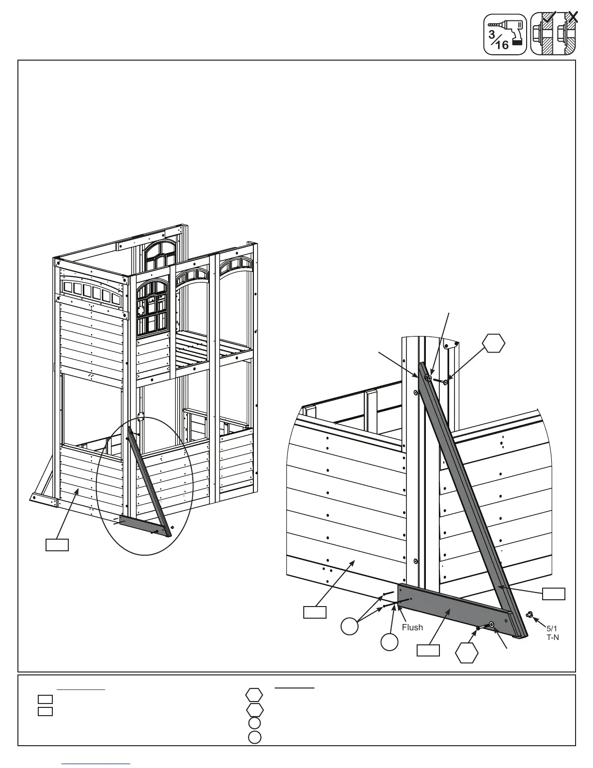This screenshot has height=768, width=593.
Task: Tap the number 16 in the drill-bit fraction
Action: [x=502, y=45]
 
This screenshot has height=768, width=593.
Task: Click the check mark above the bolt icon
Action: [x=548, y=18]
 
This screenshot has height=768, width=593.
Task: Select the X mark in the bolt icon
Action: [x=573, y=16]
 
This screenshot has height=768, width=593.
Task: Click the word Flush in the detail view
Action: [x=412, y=627]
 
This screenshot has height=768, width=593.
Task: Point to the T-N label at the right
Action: [x=553, y=638]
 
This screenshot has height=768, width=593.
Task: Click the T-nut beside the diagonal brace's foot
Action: [x=530, y=615]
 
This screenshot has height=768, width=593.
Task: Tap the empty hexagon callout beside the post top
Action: [x=494, y=344]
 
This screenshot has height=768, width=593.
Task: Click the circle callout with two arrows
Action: [x=349, y=626]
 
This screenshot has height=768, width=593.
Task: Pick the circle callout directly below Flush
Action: [x=390, y=642]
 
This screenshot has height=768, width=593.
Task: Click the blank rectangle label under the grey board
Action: [x=428, y=650]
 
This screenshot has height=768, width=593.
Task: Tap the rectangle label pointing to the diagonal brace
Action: [x=553, y=593]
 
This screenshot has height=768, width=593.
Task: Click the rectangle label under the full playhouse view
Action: [x=57, y=544]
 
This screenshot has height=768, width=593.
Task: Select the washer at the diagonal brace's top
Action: [x=430, y=378]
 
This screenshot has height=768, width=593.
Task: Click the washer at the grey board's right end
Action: [x=492, y=624]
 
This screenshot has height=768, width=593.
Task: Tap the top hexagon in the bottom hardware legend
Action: [x=254, y=695]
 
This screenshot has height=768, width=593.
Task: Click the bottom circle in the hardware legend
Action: [x=255, y=738]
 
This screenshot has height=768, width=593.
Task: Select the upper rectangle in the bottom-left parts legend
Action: [x=45, y=699]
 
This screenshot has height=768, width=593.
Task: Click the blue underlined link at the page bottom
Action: [x=96, y=764]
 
